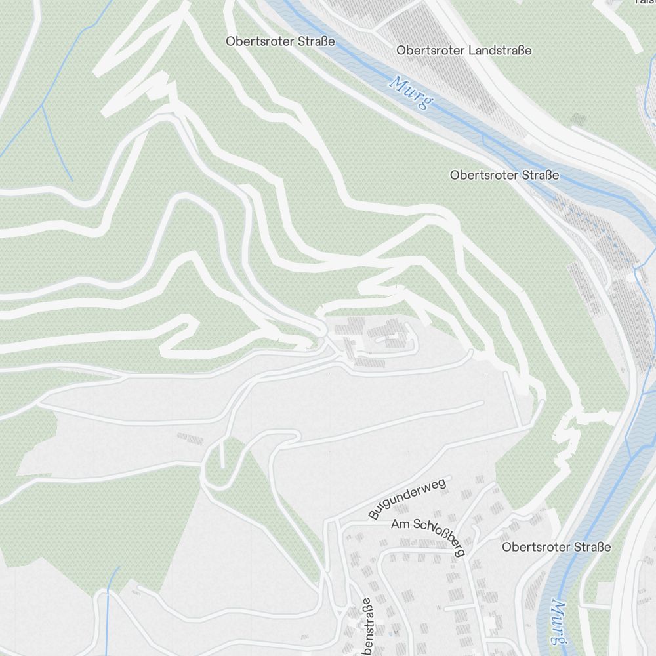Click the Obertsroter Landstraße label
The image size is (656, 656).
(x=464, y=51)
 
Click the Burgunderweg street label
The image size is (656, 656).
(x=407, y=499)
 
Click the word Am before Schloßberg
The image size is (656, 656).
(x=400, y=525)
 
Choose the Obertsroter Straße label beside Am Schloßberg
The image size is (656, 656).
(x=556, y=547)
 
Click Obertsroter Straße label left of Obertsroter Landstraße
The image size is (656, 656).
(x=280, y=41)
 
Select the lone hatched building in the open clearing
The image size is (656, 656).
(x=190, y=437)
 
